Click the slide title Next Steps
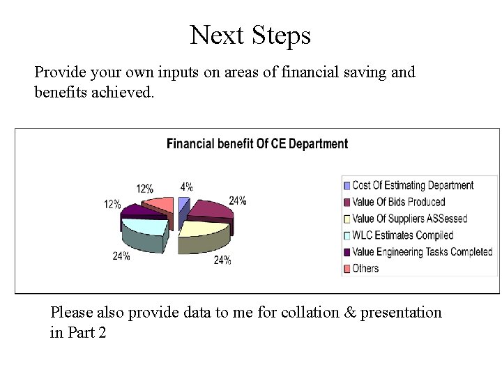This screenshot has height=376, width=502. coord(250,34)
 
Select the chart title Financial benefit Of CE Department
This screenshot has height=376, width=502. coord(257,144)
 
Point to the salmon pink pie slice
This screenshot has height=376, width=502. coord(160,204)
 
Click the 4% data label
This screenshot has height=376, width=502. coord(186,187)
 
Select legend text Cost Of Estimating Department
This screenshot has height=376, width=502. coord(413,185)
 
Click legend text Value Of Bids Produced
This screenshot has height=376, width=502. coord(398,202)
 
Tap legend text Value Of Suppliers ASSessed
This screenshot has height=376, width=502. coord(409,219)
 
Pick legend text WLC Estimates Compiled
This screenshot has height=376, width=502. coord(402,235)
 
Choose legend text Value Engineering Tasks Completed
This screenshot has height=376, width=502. coord(422,252)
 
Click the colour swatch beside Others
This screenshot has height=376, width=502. coord(347,269)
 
